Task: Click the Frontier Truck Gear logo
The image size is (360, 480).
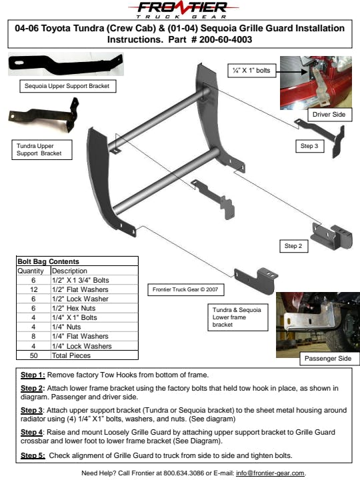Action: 183,10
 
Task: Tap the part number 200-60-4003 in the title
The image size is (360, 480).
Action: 225,39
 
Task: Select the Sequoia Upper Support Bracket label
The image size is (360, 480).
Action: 67,86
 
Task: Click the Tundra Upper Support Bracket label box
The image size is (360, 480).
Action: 42,150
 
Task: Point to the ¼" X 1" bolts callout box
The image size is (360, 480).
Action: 251,71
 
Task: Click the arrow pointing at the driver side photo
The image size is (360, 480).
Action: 291,72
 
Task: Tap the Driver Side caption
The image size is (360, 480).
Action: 329,115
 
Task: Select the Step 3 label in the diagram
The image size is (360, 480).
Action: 309,146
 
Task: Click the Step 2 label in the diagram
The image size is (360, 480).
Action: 293,246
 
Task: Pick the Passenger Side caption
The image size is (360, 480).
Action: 328,359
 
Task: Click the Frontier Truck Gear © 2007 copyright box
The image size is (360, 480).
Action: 185,289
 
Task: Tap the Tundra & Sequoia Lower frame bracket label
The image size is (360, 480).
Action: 237,317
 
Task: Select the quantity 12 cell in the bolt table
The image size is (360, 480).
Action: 34,289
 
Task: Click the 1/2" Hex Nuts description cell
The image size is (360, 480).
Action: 95,308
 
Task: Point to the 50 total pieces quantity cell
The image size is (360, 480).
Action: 34,355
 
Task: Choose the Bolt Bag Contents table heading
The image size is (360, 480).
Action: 49,261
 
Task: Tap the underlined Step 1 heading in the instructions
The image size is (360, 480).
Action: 33,375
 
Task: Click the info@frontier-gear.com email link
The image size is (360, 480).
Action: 270,473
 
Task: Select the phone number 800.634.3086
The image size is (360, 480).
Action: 184,473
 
